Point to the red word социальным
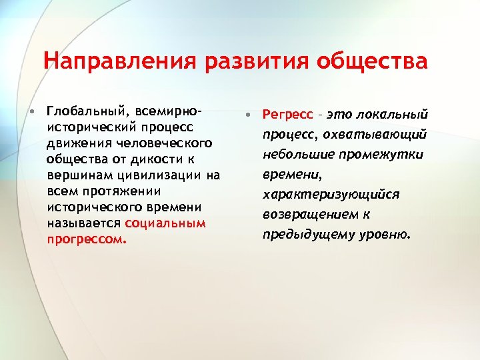pos(165,223)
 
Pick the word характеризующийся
pos(331,195)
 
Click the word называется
pos(84,223)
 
